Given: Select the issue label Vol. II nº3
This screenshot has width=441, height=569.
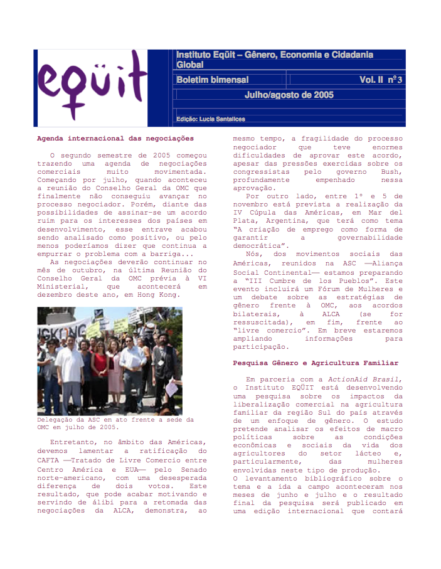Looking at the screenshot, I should click(381, 80).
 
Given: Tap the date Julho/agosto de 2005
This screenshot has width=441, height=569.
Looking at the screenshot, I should click(289, 95).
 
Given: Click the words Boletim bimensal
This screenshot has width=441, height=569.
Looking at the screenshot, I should click(212, 80).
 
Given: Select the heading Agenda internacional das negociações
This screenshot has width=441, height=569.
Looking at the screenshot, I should click(115, 138).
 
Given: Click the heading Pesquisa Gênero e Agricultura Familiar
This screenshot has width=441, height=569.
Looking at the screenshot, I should click(316, 363).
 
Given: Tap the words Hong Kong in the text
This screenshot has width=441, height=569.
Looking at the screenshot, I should click(159, 294).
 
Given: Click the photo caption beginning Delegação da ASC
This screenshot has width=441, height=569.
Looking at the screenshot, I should click(115, 423).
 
